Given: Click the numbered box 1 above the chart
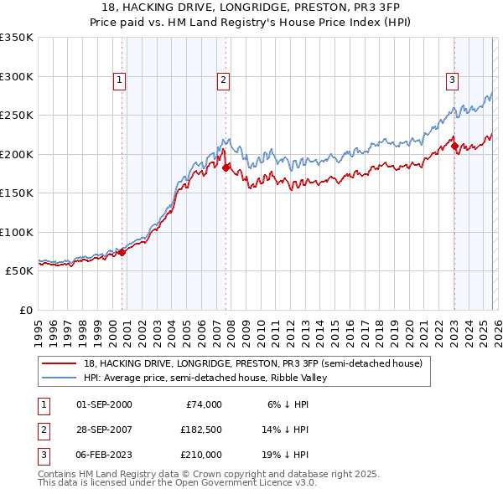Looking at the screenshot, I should coord(120,80).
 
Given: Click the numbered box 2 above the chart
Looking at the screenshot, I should coord(224,80).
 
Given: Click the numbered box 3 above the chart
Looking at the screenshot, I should coord(452,80).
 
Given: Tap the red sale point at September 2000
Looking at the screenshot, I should coord(122,252).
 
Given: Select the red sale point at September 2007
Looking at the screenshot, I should coord(226,167).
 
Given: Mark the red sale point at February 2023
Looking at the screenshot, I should coord(454,147).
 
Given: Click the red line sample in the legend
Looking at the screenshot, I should coord(59,364).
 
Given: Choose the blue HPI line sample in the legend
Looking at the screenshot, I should coord(59,378).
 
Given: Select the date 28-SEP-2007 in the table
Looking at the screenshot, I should coord(104,430).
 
